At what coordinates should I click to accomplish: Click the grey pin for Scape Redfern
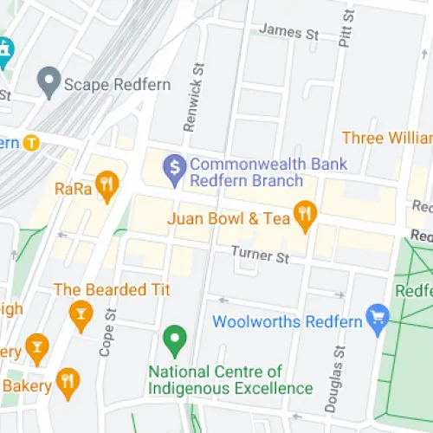(x=48, y=84)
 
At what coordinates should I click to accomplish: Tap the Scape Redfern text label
(x=118, y=85)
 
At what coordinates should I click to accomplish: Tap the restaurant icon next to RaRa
(x=107, y=184)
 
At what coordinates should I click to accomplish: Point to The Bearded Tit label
(x=112, y=289)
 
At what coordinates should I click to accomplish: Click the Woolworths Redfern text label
(x=287, y=321)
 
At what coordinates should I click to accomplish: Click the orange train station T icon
(x=32, y=143)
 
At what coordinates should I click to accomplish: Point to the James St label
(x=288, y=32)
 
